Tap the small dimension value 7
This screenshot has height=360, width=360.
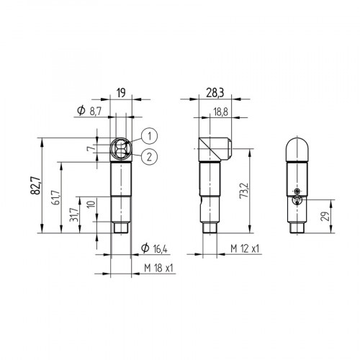click(89, 148)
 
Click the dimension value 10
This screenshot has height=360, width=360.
click(89, 204)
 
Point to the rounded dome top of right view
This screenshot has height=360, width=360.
click(300, 147)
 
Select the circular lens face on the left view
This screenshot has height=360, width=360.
click(120, 149)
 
